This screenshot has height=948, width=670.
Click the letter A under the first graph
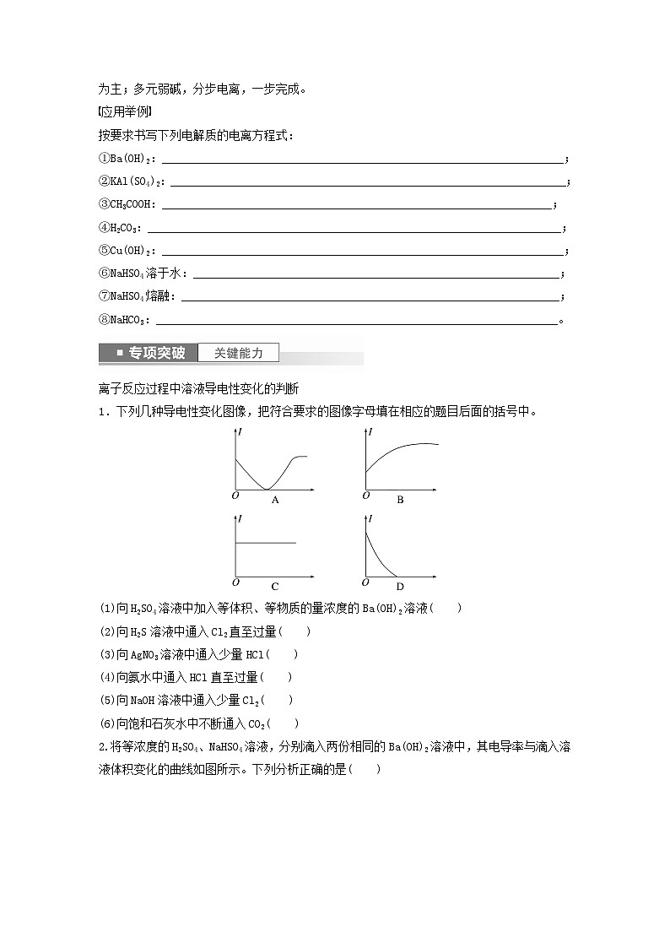[x=275, y=500]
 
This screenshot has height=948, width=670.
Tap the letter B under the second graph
[x=400, y=500]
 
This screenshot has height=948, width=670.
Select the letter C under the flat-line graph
[x=275, y=586]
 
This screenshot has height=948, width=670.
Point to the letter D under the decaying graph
[x=400, y=586]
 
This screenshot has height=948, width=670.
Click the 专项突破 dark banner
[x=149, y=353]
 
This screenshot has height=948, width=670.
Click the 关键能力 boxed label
[x=238, y=353]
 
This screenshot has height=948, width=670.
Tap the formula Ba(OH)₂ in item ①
[x=135, y=159]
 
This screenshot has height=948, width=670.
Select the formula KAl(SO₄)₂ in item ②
[x=139, y=181]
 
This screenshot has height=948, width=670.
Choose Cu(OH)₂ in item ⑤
[x=135, y=251]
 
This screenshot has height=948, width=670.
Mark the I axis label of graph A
[x=240, y=432]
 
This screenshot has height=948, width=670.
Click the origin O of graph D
[x=365, y=582]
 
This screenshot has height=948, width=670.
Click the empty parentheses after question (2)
[x=295, y=631]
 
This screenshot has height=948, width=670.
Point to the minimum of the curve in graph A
[x=265, y=489]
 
